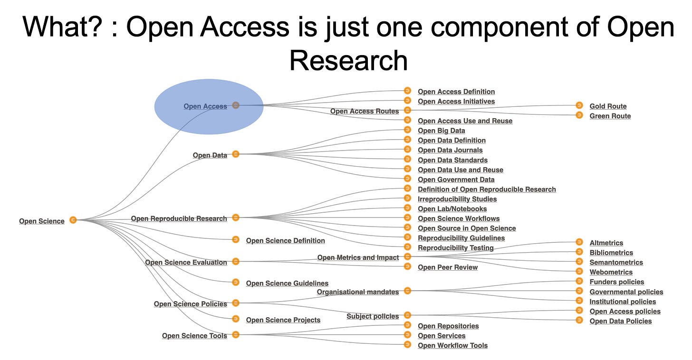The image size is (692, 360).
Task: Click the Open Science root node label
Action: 42,221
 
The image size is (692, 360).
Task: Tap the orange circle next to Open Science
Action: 73,220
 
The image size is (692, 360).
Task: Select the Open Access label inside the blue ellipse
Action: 205,106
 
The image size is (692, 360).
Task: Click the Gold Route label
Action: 608,106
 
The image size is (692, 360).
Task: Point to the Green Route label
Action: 610,116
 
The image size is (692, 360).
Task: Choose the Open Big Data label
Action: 441,131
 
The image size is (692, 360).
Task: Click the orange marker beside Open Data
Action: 235,154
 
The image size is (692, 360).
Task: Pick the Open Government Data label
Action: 456,180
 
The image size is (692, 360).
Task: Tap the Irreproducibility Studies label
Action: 457,199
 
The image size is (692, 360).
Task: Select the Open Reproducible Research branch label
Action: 179,218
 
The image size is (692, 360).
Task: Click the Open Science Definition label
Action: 285,241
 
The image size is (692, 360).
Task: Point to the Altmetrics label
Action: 606,243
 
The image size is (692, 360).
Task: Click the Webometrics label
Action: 611,272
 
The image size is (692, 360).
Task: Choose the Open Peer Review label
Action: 447,267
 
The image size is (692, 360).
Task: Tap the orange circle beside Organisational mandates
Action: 407,291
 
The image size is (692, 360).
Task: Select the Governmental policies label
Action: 626,292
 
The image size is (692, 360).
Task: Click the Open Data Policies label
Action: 620,321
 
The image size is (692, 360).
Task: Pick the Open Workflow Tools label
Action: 452,345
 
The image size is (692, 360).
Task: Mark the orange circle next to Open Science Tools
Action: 235,335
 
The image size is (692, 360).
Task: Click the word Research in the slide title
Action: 348,61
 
